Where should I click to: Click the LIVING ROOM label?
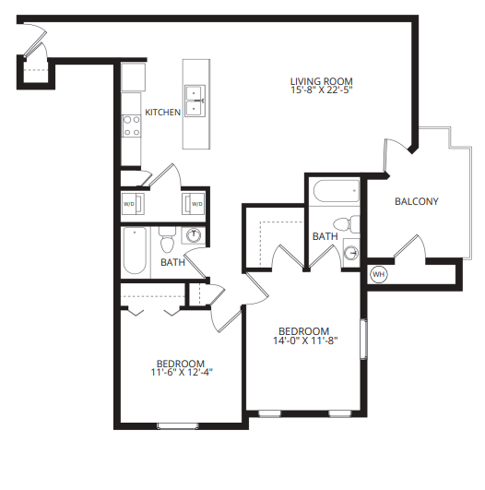click(x=321, y=81)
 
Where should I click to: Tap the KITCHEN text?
click(x=162, y=113)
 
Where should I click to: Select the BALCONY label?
click(x=416, y=202)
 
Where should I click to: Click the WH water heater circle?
click(x=378, y=274)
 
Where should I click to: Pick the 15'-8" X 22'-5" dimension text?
click(x=321, y=91)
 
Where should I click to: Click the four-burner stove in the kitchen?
click(x=131, y=125)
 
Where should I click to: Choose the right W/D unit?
click(x=195, y=203)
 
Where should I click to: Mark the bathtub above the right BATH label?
click(x=336, y=193)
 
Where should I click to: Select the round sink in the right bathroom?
click(x=350, y=252)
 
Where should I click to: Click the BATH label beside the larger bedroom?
click(x=325, y=236)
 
